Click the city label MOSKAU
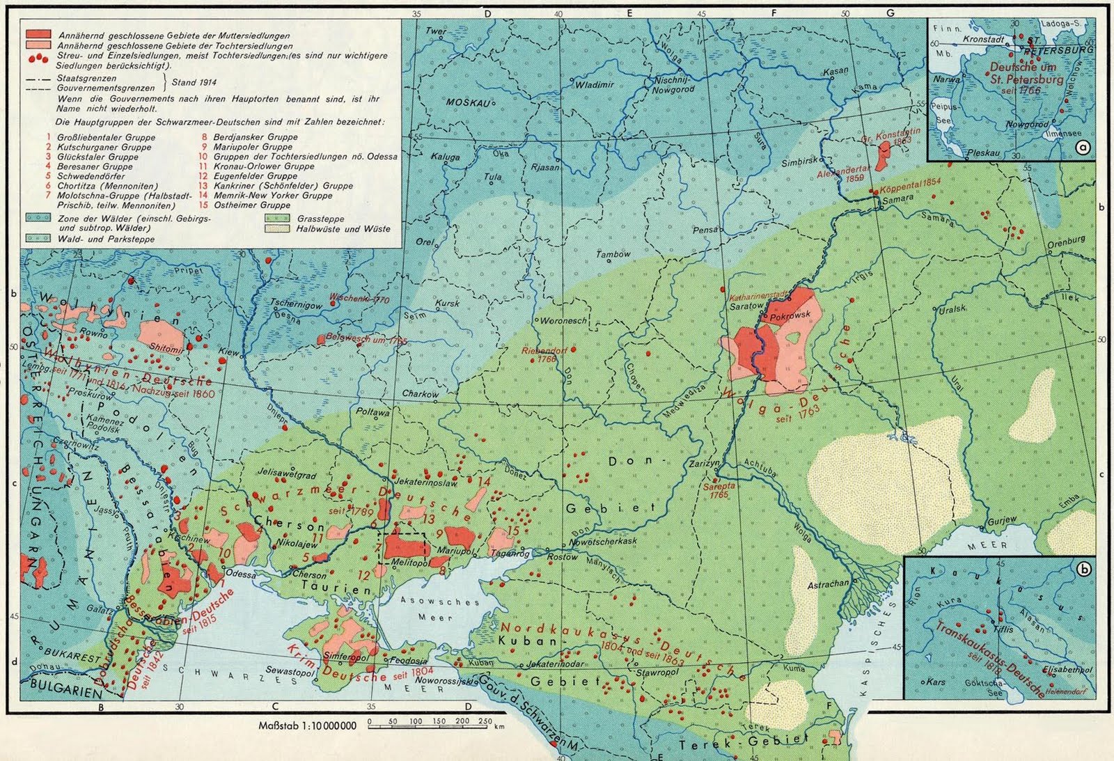tap(464, 102)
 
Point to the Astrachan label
tap(829, 584)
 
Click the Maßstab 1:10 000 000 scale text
tap(307, 725)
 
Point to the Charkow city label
tap(420, 394)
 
